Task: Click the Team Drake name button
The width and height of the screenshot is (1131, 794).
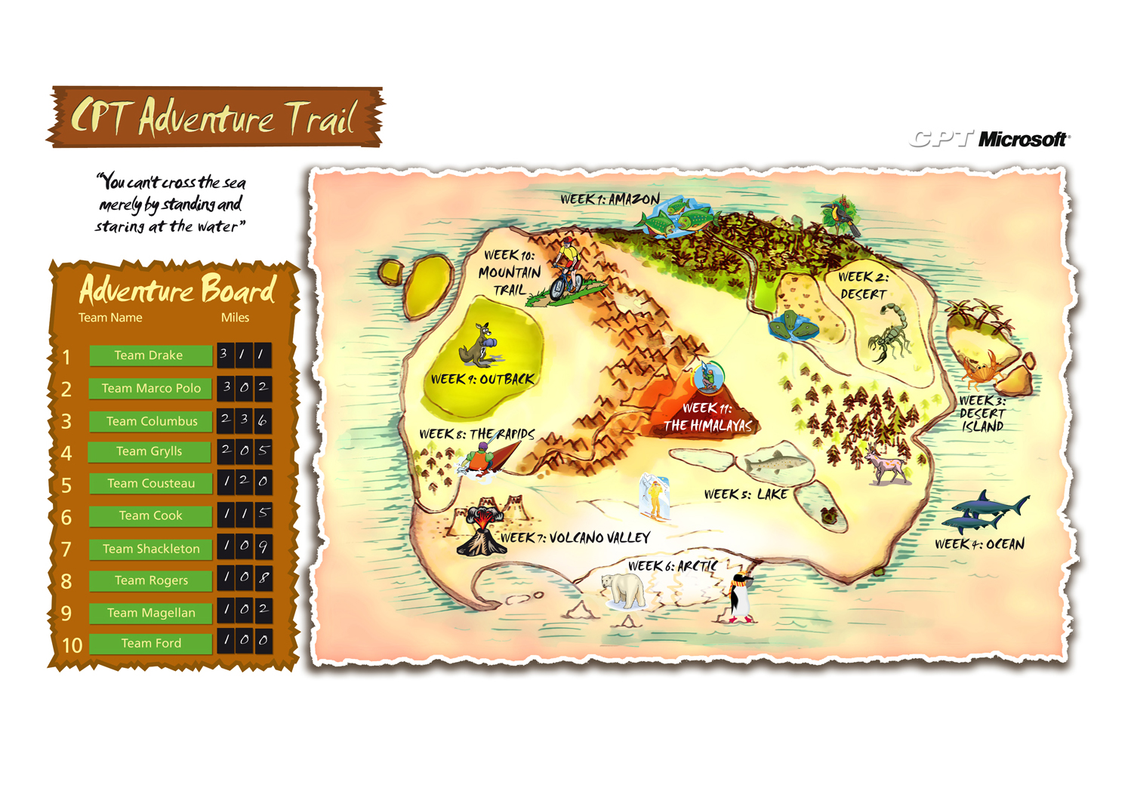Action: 149,355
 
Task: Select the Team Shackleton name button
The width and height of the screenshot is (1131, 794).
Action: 151,549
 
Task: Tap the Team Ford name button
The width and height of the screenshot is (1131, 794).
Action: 151,644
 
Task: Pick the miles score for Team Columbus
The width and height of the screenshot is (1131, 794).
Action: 244,420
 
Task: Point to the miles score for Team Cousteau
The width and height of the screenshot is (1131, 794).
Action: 244,482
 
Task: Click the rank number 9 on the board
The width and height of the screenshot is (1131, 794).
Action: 66,613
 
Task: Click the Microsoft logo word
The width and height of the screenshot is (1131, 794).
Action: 1023,139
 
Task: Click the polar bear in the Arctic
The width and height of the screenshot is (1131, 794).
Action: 624,589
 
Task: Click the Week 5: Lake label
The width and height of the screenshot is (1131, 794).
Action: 745,494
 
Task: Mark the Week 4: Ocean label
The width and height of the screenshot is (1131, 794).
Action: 979,544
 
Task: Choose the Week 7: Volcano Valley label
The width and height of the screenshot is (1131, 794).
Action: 575,537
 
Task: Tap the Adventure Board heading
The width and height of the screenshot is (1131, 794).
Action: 177,290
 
